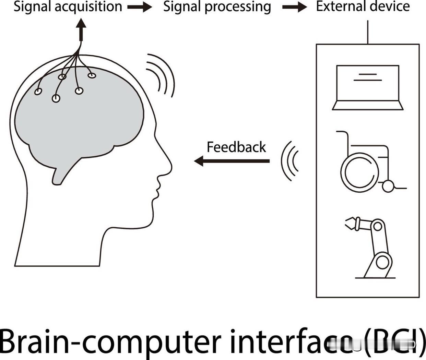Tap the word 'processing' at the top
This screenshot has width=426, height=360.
[238, 7]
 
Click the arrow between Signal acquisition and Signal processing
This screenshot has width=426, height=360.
[140, 7]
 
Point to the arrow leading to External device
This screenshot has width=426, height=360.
[294, 7]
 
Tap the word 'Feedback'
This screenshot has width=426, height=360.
[236, 147]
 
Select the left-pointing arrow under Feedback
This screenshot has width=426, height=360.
[232, 160]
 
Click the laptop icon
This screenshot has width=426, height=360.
[367, 87]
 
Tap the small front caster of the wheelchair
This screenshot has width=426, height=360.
[389, 187]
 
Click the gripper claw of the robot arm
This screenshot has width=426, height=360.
[351, 223]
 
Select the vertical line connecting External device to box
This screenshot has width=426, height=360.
[368, 32]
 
